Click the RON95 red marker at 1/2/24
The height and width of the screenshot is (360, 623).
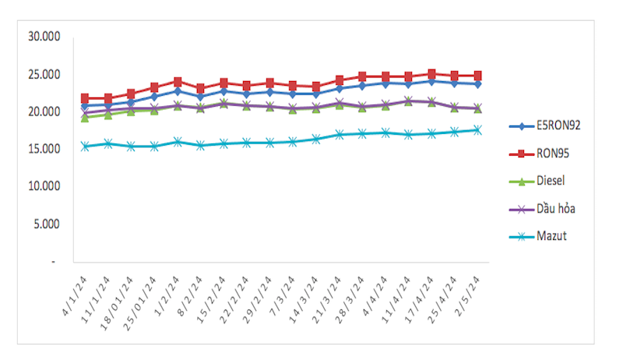pos(178,82)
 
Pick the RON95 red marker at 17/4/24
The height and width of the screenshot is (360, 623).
pos(431,74)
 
